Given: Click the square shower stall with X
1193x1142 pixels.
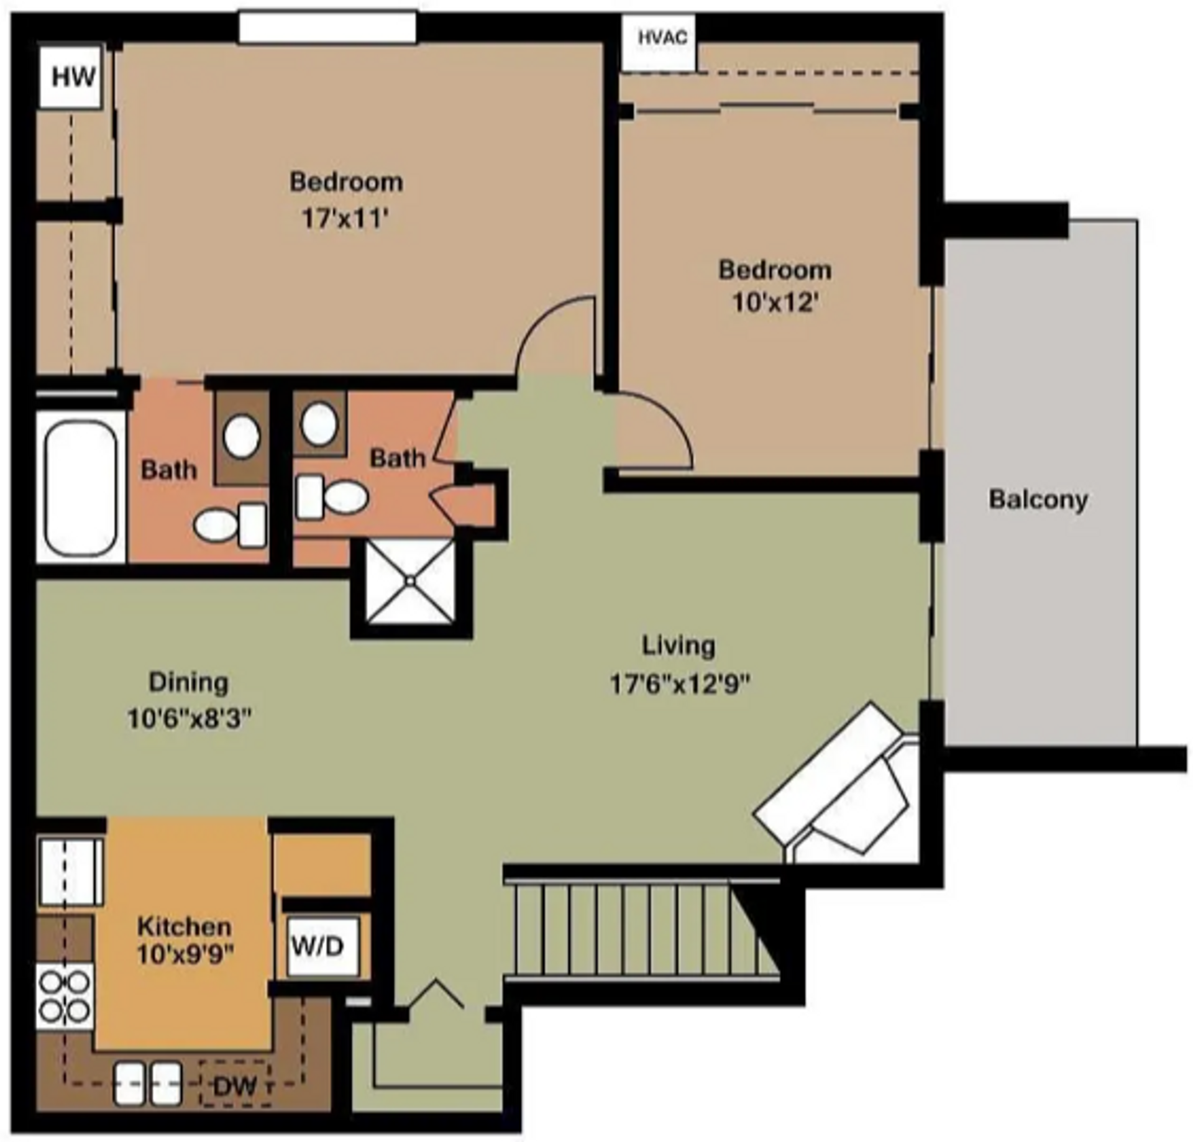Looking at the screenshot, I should point(410,580).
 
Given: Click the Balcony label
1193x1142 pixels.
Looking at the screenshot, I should point(1038,500).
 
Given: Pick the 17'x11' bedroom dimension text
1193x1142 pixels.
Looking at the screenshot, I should point(345,219).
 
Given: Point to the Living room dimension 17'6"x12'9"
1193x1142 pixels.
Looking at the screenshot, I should point(680,684).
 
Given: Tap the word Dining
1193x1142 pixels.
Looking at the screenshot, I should point(188,682).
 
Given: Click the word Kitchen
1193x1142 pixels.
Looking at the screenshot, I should point(184,926).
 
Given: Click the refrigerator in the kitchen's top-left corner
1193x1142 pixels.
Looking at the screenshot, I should point(70,872).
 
